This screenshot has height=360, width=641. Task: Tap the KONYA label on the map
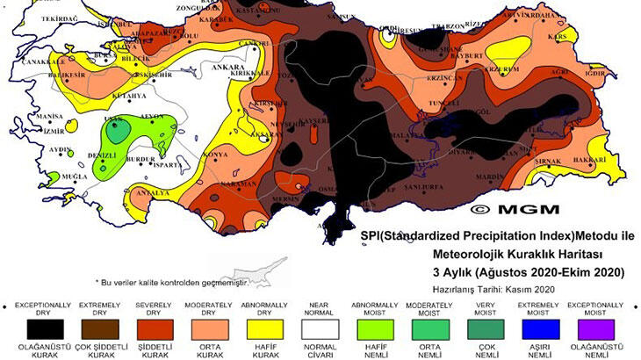pyautogui.click(x=214, y=155)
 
